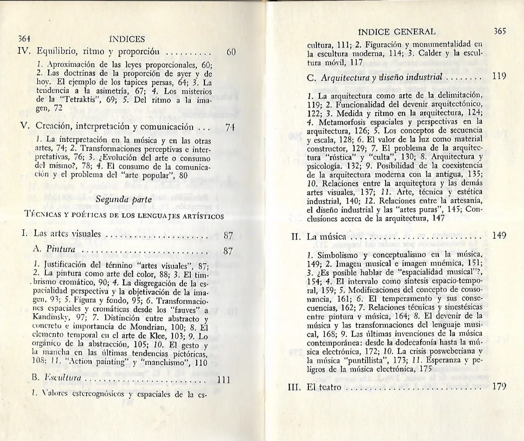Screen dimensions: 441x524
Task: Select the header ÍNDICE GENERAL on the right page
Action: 396,31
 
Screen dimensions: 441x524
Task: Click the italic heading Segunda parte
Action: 124,199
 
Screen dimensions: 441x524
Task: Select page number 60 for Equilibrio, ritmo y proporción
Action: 231,52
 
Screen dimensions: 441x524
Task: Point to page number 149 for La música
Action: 499,236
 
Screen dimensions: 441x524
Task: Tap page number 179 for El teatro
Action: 498,386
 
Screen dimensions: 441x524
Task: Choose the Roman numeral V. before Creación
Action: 26,127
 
